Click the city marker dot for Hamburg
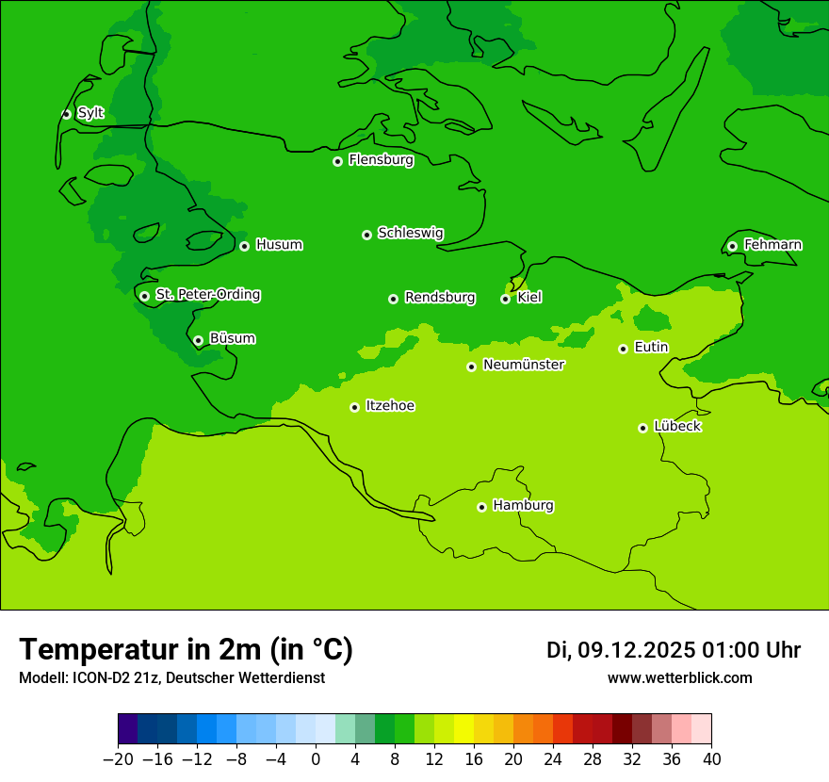[x=481, y=507]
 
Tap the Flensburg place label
[x=381, y=160]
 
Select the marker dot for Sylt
[x=66, y=114]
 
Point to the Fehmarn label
[x=772, y=245]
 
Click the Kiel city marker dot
[x=505, y=299]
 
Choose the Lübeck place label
[x=676, y=427]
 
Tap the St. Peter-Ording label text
[x=207, y=295]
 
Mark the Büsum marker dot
[x=198, y=340]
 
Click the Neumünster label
[x=523, y=365]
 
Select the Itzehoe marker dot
[x=354, y=407]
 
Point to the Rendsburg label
[x=439, y=298]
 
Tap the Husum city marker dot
[x=244, y=246]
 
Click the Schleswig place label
[x=410, y=233]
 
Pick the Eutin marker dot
[x=623, y=349]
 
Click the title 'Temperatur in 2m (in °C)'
[x=186, y=649]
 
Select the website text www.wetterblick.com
[x=679, y=677]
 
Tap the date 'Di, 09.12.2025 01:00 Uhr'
[x=673, y=650]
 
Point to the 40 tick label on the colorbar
[x=711, y=759]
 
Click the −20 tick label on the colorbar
[x=118, y=759]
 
